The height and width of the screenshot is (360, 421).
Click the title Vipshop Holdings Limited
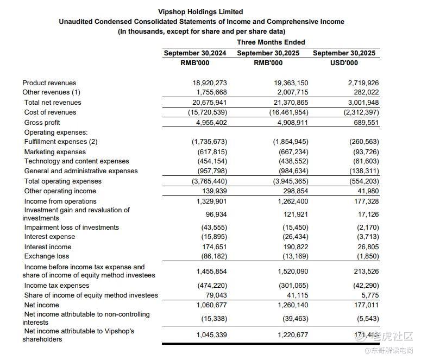[200, 11]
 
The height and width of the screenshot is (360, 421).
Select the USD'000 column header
[344, 63]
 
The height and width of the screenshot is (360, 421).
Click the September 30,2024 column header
[194, 53]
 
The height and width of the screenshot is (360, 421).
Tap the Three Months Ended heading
[271, 42]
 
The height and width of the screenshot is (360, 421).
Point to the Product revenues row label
[49, 83]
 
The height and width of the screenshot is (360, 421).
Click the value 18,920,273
[210, 83]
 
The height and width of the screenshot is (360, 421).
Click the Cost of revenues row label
[51, 112]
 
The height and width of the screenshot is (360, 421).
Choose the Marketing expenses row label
[55, 152]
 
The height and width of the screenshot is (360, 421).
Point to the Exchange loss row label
[47, 256]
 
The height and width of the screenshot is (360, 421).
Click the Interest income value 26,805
[367, 247]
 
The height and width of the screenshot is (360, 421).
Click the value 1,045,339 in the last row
[211, 335]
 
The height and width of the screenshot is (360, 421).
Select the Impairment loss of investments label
[72, 228]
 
